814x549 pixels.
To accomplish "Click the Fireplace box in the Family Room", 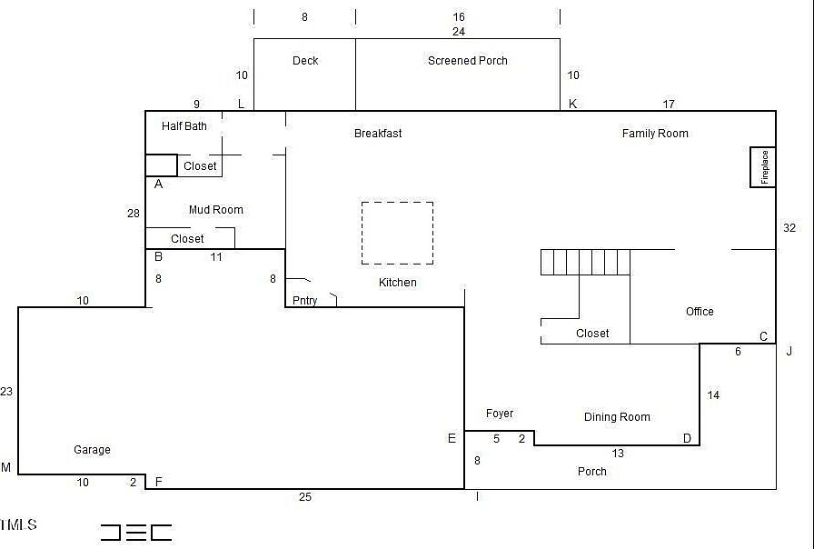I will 763,167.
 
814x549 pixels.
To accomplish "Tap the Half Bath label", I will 184,126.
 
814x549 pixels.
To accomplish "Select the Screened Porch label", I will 468,61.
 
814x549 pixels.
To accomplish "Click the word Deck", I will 305,61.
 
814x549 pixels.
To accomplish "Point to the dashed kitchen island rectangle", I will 397,233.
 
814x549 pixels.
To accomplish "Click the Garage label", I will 92,450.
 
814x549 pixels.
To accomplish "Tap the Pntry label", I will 305,301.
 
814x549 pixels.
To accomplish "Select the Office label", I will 700,312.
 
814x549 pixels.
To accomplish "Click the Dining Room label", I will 617,417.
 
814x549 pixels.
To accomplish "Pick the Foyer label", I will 500,414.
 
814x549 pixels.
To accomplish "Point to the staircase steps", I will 585,263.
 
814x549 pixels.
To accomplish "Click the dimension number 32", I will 789,228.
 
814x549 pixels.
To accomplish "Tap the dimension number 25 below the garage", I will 305,497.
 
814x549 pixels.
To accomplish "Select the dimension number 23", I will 6,392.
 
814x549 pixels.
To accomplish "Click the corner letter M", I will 6,468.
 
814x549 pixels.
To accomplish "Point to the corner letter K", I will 573,105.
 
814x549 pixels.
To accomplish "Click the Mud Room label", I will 216,210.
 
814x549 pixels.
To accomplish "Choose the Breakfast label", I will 378,134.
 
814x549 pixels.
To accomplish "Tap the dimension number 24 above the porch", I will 459,31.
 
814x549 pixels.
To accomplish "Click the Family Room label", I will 655,134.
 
